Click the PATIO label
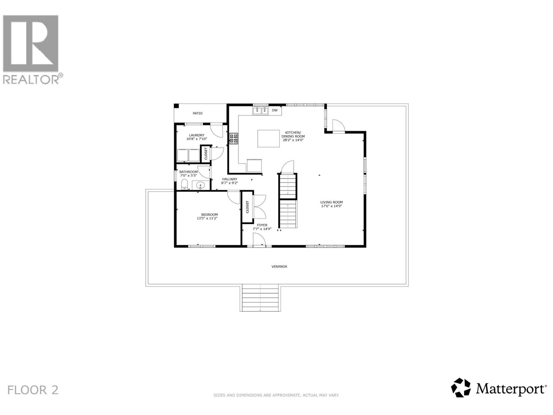[198, 113]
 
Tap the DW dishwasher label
[275, 110]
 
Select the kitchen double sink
[261, 111]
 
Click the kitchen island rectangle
[269, 138]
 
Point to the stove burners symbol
[234, 138]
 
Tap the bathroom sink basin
[200, 186]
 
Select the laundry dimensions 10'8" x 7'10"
[197, 139]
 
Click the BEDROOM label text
[209, 214]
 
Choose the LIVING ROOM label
[331, 202]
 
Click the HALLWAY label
[229, 179]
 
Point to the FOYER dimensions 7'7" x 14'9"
[262, 229]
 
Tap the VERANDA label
[279, 267]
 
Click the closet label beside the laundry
[206, 154]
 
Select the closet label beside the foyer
[247, 207]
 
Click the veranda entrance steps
[260, 297]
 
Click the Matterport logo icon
[461, 388]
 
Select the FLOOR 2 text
[33, 390]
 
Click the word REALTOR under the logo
[31, 80]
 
